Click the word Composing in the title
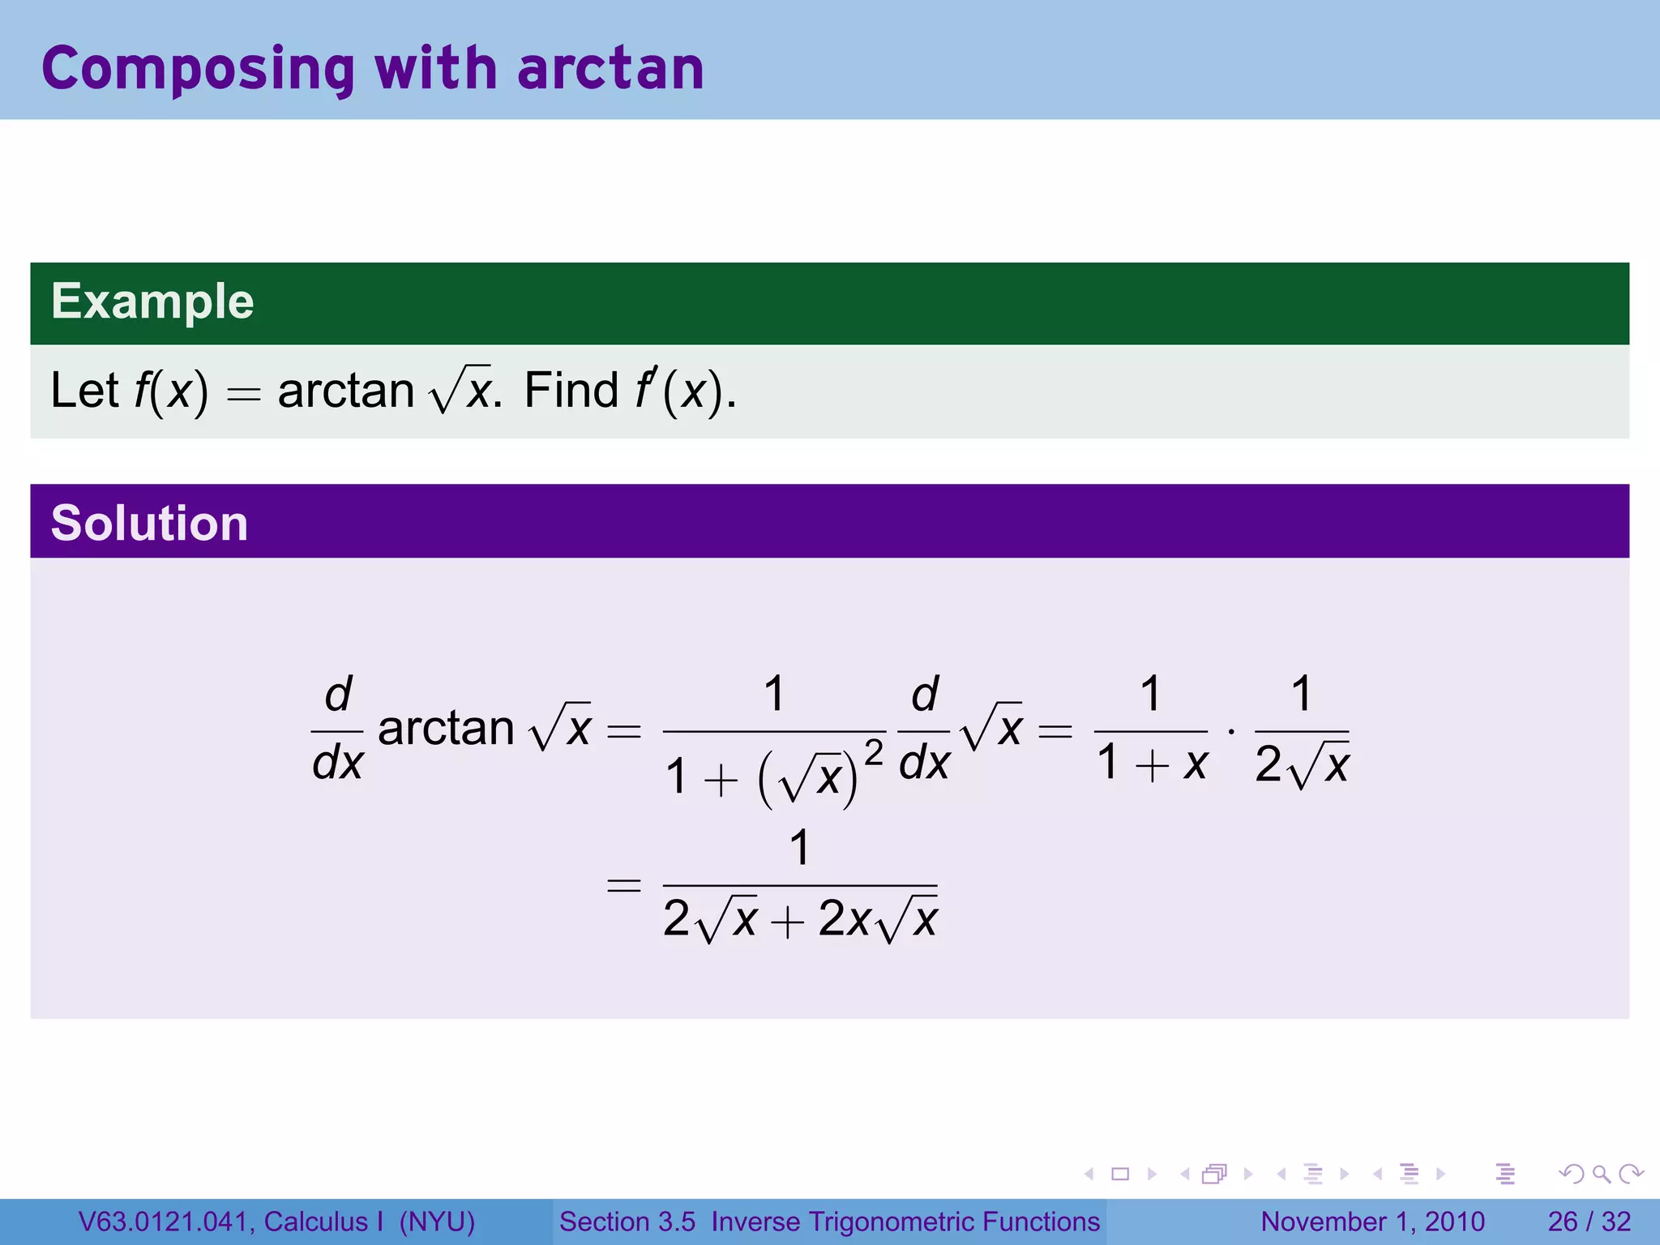click(198, 70)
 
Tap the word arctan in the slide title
click(610, 70)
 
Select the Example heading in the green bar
click(152, 302)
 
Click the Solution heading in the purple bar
click(149, 523)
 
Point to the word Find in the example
click(571, 391)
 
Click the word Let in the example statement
click(84, 391)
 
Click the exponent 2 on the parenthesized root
click(873, 753)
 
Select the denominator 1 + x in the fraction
click(1152, 764)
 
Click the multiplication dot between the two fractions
click(1231, 732)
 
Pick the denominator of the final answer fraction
click(800, 920)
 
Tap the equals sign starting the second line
click(624, 884)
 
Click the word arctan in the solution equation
click(446, 729)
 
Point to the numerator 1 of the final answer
click(799, 848)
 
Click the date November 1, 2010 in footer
click(1372, 1221)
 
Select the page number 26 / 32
click(1589, 1221)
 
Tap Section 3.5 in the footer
click(627, 1221)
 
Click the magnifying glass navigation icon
click(1601, 1174)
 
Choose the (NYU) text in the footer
click(437, 1221)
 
